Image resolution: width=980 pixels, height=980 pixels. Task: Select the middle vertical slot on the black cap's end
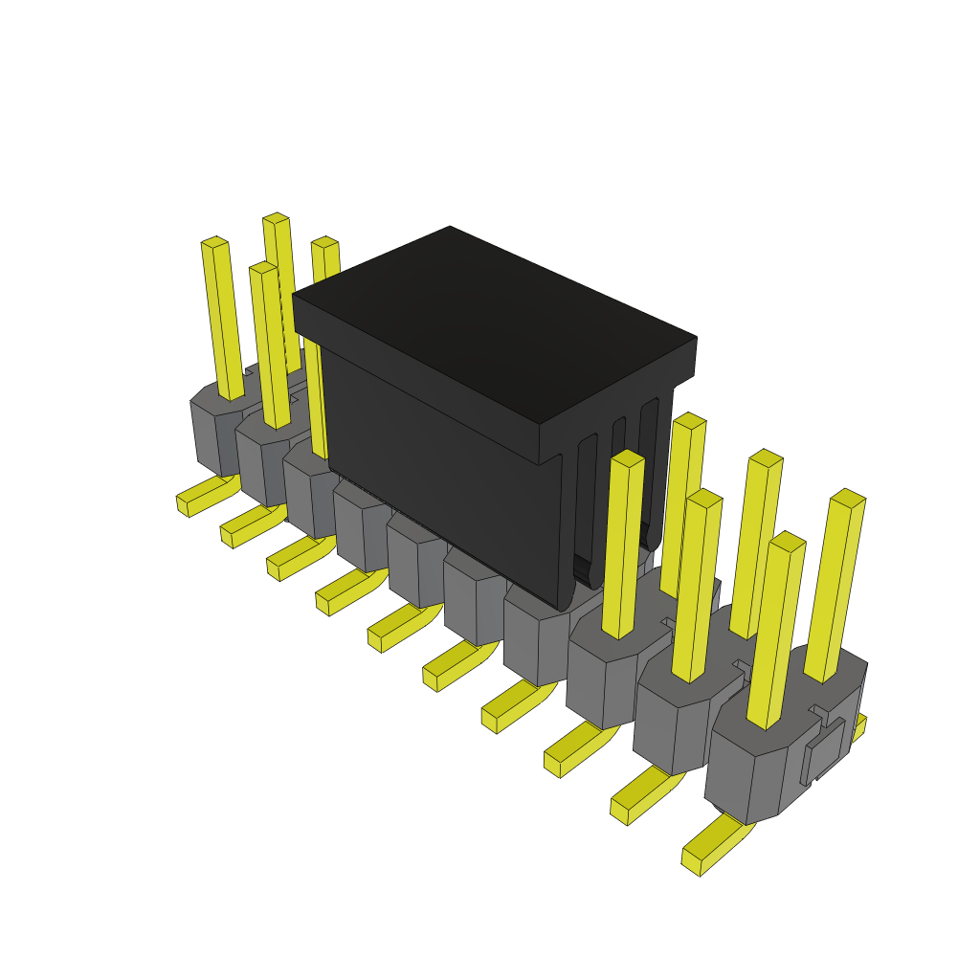coord(617,498)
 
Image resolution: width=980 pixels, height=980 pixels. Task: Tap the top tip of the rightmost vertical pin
coord(848,499)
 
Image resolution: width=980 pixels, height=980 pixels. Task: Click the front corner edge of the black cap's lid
coord(539,444)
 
